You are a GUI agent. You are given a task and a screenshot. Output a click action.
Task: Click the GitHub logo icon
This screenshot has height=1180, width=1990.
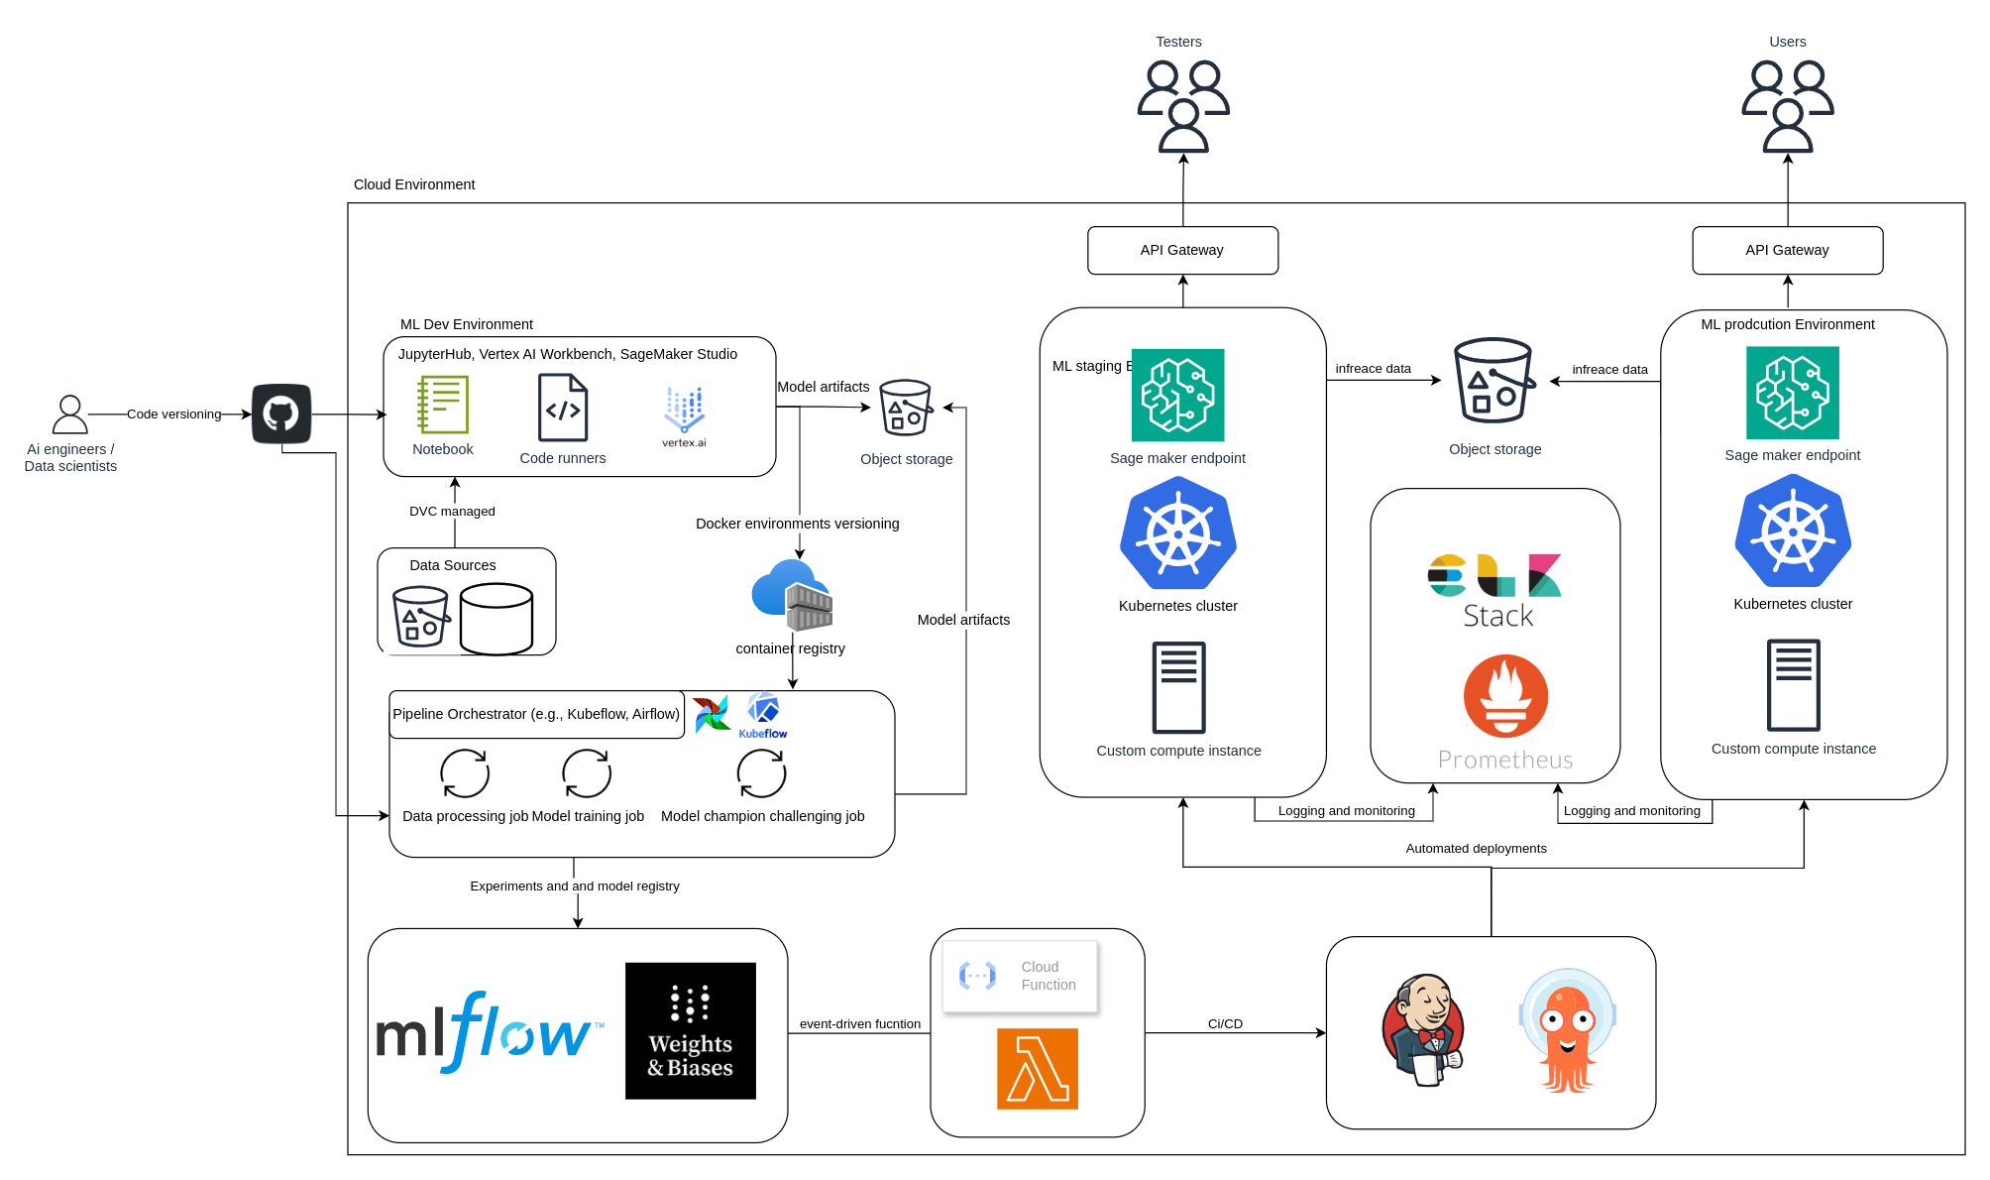point(281,413)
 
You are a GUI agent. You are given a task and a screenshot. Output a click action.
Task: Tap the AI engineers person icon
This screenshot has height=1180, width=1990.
point(69,414)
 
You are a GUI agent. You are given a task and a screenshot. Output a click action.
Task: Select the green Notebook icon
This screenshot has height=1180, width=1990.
point(443,405)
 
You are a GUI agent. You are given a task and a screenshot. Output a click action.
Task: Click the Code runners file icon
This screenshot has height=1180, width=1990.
point(563,408)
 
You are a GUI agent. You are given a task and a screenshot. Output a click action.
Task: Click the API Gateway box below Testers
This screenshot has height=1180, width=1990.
point(1182,250)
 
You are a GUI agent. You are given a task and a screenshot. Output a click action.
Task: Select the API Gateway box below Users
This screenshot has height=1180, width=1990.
point(1787,250)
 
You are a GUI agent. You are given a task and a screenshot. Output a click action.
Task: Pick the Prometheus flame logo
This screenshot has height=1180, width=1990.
point(1505,696)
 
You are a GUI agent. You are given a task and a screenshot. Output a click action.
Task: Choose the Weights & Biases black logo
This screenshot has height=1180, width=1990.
point(691,1031)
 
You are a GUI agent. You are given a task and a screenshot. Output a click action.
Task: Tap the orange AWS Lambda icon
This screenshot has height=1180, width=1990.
point(1038,1069)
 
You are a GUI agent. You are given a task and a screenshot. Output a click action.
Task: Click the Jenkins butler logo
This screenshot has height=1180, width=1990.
point(1423,1030)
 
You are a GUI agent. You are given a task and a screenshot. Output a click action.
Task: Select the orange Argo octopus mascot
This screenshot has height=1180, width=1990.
point(1567,1032)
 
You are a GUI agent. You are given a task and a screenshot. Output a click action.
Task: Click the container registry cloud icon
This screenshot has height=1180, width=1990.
point(792,595)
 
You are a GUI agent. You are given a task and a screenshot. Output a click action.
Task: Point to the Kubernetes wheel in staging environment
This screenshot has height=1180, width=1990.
point(1178,534)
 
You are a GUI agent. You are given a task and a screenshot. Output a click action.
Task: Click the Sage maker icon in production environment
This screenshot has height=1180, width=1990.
point(1792,393)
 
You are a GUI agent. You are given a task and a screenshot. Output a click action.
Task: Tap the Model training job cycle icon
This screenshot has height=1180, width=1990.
point(587,773)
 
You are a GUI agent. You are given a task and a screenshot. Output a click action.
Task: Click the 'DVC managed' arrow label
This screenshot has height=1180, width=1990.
point(452,512)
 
